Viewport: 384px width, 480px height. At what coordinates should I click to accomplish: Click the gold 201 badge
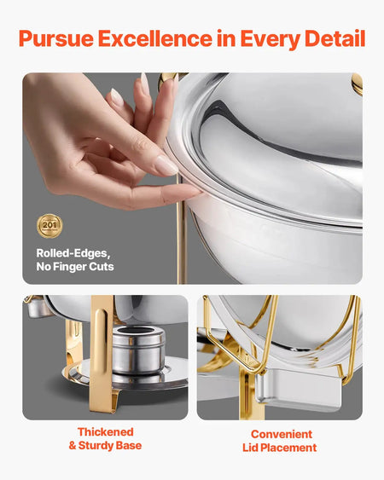(x=49, y=225)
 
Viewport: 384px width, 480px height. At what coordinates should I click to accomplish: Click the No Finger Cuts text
(x=75, y=267)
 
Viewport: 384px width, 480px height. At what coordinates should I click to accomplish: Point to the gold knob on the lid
(x=357, y=83)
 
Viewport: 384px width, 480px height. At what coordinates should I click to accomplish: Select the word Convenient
(x=281, y=434)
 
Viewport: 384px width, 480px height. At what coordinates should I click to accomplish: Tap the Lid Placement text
(x=281, y=448)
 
